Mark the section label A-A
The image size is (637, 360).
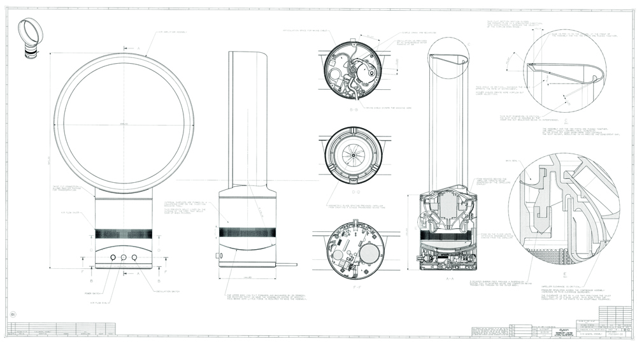click(x=450, y=278)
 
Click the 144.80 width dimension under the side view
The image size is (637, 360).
click(x=248, y=278)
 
